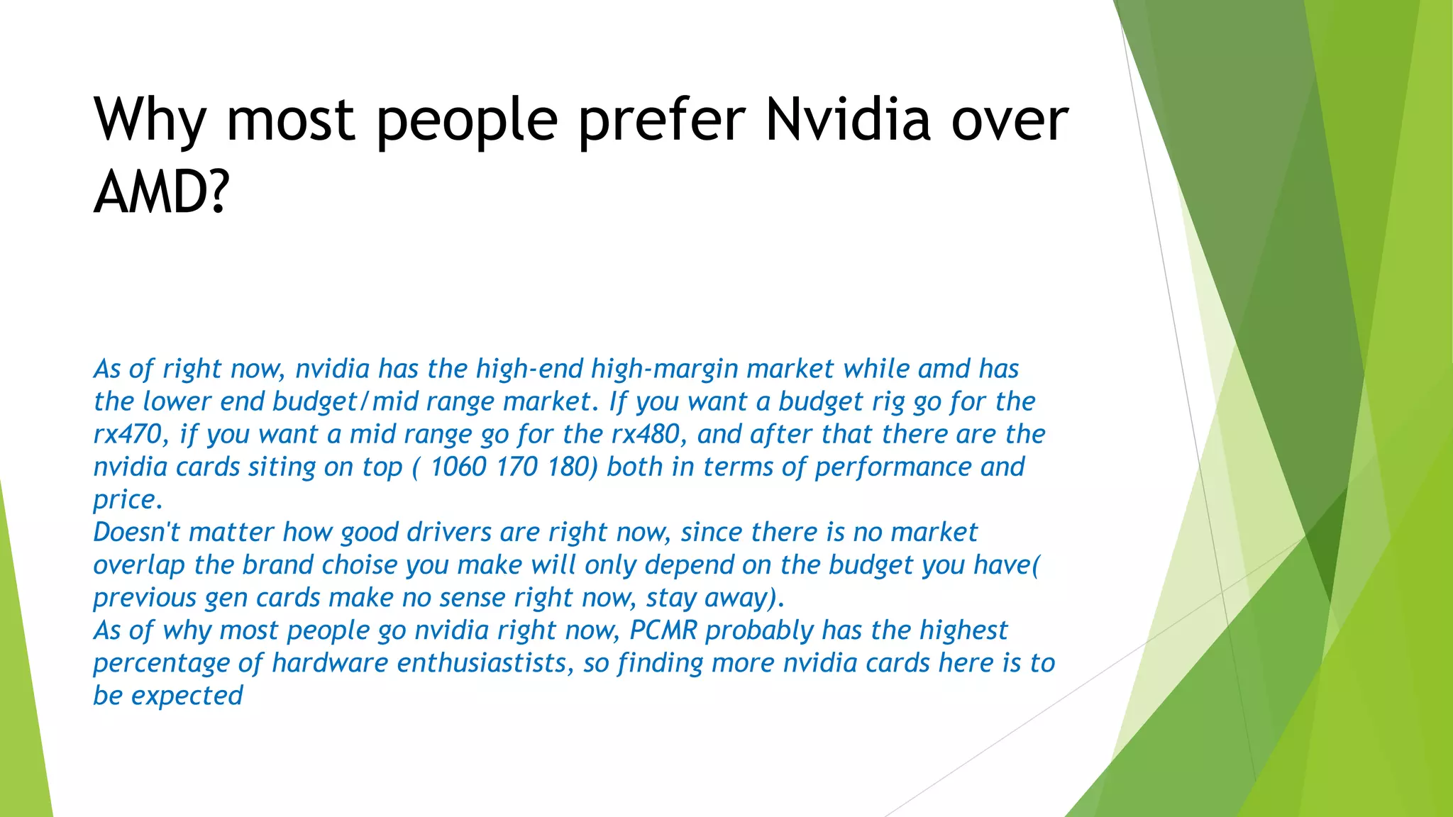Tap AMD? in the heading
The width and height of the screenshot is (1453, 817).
coord(162,192)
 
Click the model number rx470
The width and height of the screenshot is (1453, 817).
coord(128,434)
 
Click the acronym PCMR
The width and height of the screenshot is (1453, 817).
coord(663,630)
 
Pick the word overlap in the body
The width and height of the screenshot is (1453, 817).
coord(139,565)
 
